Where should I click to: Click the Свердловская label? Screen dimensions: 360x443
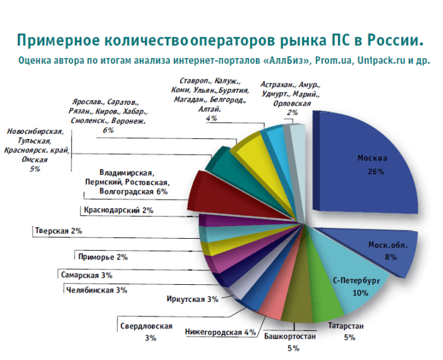[x=146, y=326]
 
